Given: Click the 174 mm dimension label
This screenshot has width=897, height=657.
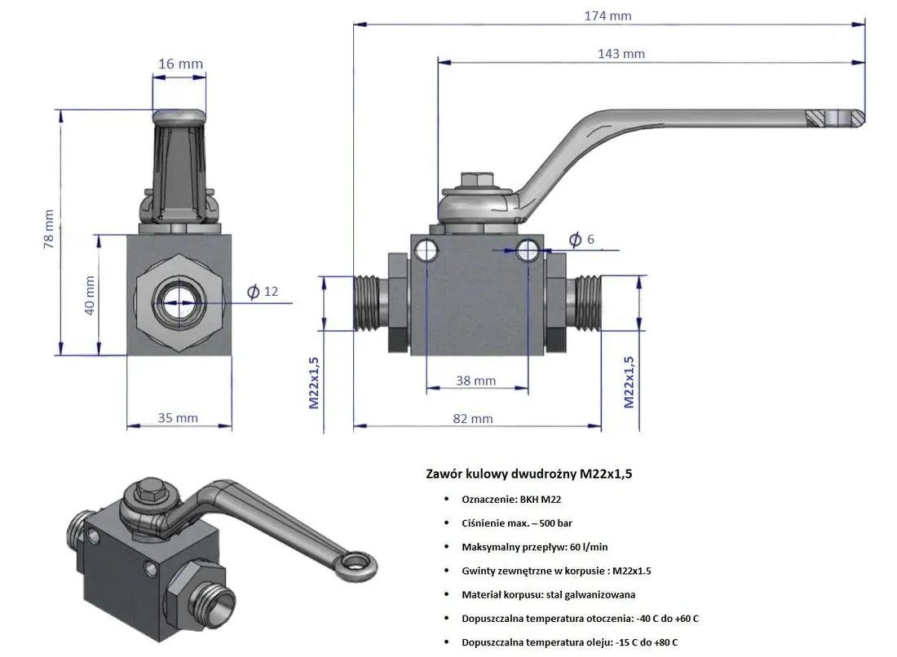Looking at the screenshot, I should coord(608,15).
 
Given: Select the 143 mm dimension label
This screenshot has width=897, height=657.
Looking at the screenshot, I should coord(621,54).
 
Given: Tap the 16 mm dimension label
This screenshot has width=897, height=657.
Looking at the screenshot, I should coord(180,64).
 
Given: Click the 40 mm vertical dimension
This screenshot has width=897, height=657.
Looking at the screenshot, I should coord(90,295).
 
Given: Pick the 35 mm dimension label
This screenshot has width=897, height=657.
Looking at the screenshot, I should coord(178,418).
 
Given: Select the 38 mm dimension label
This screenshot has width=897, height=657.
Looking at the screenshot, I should coord(475,381).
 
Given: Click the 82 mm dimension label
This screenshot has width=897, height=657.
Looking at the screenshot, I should coord(472,418).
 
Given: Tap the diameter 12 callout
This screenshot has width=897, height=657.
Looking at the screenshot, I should coord(263,292).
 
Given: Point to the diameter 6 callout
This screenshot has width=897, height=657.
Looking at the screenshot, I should coord(581,239).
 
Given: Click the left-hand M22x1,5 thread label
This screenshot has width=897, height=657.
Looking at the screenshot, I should coord(314,381).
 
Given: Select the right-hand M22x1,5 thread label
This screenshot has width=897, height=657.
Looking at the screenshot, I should coord(629,381).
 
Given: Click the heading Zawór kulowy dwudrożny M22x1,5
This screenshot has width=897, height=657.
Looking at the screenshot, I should coord(528,474).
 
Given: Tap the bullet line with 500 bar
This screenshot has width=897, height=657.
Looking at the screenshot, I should coord(522,523).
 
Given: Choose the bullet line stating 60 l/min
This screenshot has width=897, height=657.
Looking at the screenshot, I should coord(534,547).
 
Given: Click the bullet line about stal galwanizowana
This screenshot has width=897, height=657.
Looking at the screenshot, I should coord(548,595).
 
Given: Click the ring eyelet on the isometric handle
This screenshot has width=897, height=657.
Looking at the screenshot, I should coord(356,562).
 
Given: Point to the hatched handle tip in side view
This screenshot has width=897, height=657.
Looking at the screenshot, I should coord(815,118).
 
